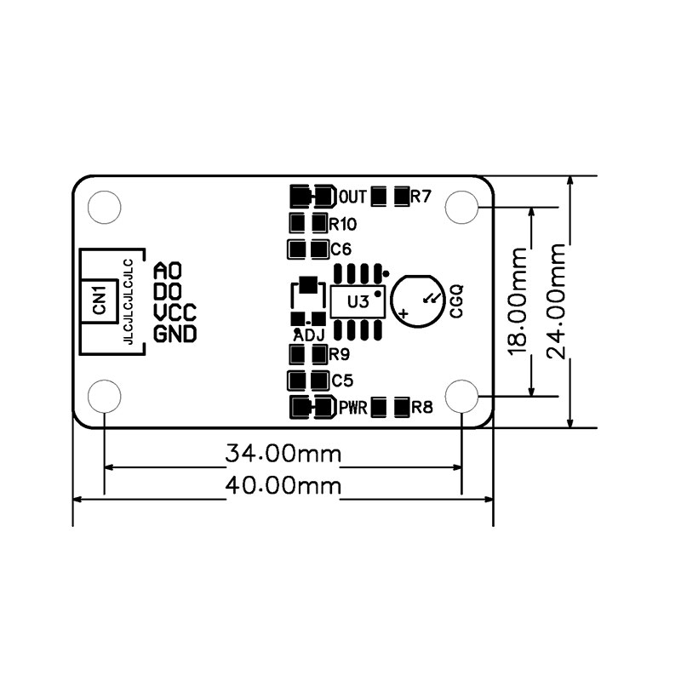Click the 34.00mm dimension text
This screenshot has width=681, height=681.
[283, 454]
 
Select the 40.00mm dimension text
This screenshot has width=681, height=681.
[283, 485]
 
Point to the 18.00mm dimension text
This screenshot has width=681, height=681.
[518, 301]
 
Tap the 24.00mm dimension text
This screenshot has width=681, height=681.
[557, 301]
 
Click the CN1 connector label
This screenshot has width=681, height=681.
[100, 300]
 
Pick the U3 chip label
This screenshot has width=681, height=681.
[358, 301]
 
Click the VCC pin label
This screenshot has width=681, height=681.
[175, 312]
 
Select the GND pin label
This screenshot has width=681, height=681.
[175, 334]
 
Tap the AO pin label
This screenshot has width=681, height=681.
[168, 270]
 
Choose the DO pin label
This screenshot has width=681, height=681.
[168, 291]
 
